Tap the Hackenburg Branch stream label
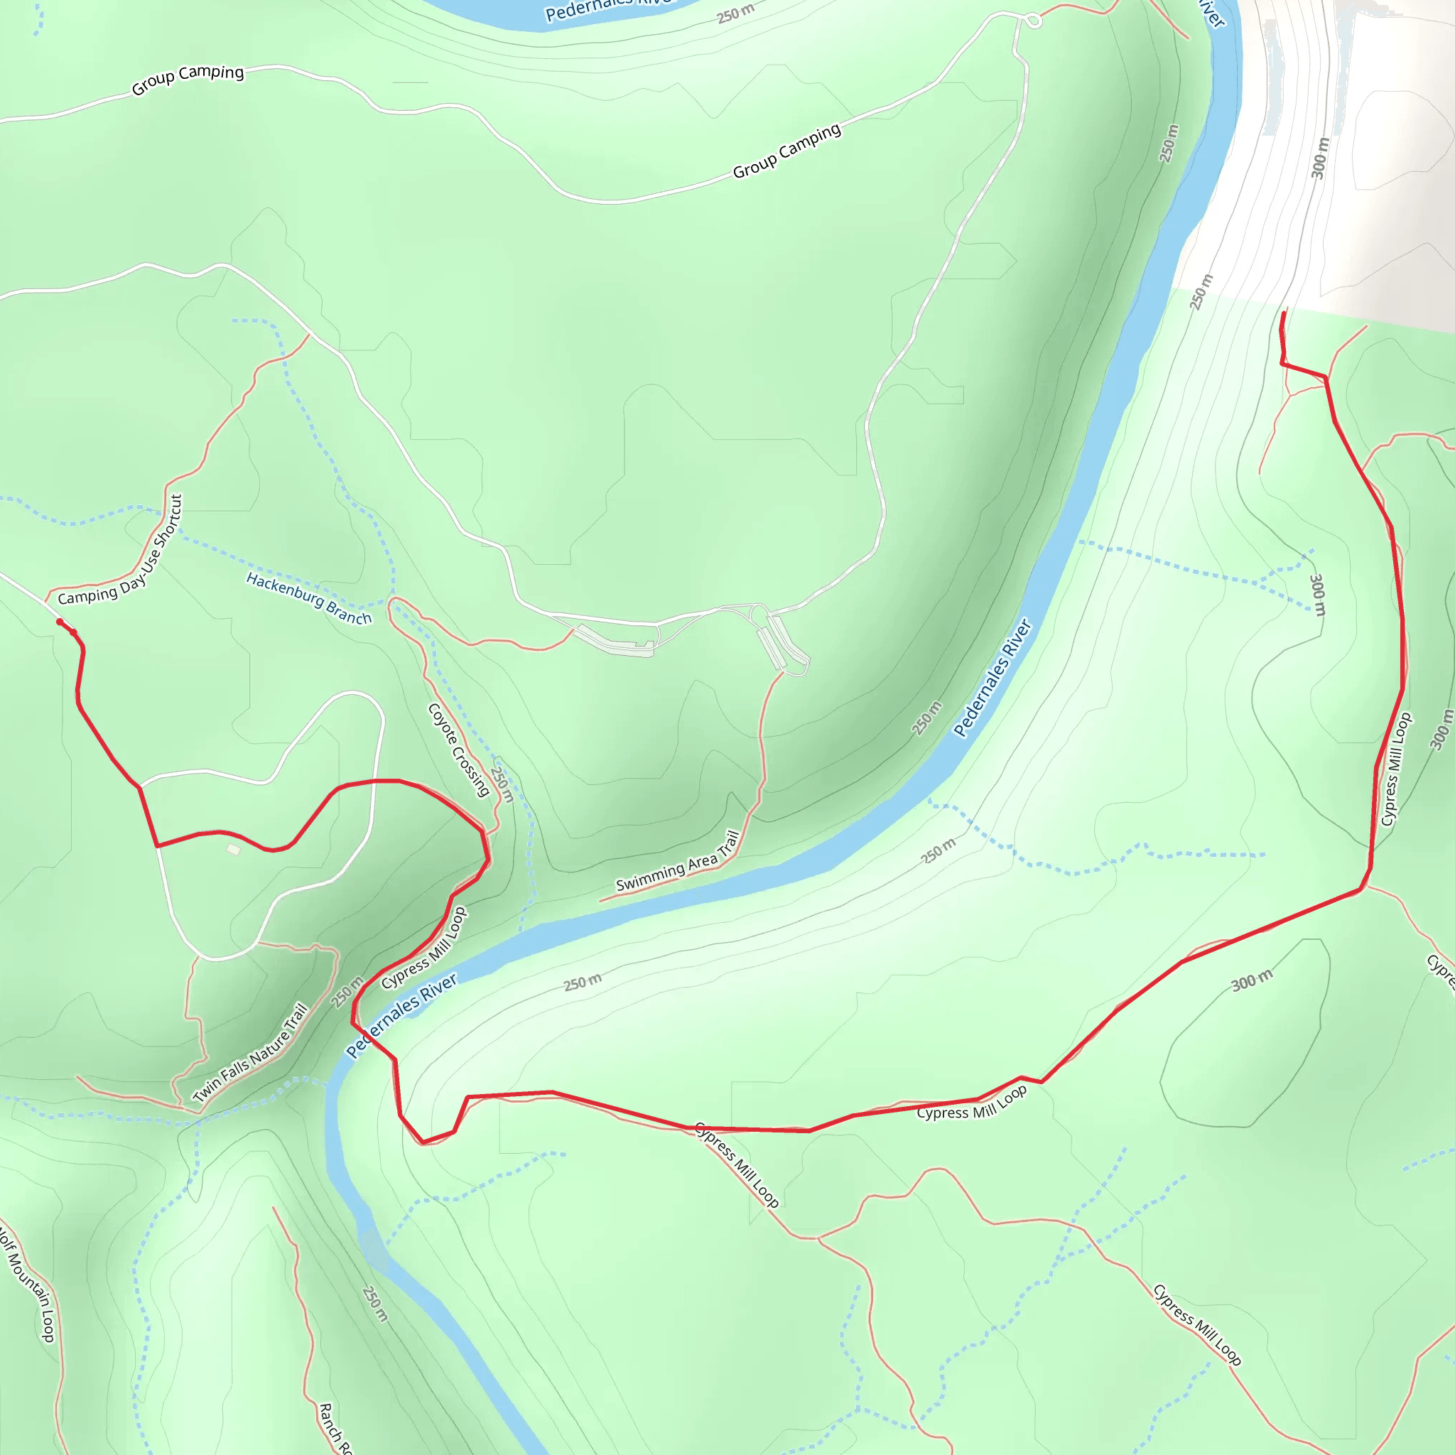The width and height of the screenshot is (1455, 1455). (309, 599)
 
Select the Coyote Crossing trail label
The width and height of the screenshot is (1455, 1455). (459, 750)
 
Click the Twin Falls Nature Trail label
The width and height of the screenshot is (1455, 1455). (251, 1054)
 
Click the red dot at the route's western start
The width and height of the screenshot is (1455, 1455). (60, 622)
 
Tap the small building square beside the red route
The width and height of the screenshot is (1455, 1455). (234, 850)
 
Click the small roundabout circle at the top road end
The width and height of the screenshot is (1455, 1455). (1034, 21)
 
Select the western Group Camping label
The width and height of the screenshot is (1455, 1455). (188, 79)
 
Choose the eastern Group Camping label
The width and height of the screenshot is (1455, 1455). (786, 151)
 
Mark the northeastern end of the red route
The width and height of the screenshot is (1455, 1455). (1284, 312)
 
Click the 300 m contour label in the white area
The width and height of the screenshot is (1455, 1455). (1320, 158)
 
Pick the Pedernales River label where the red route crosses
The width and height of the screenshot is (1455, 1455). (401, 1016)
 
